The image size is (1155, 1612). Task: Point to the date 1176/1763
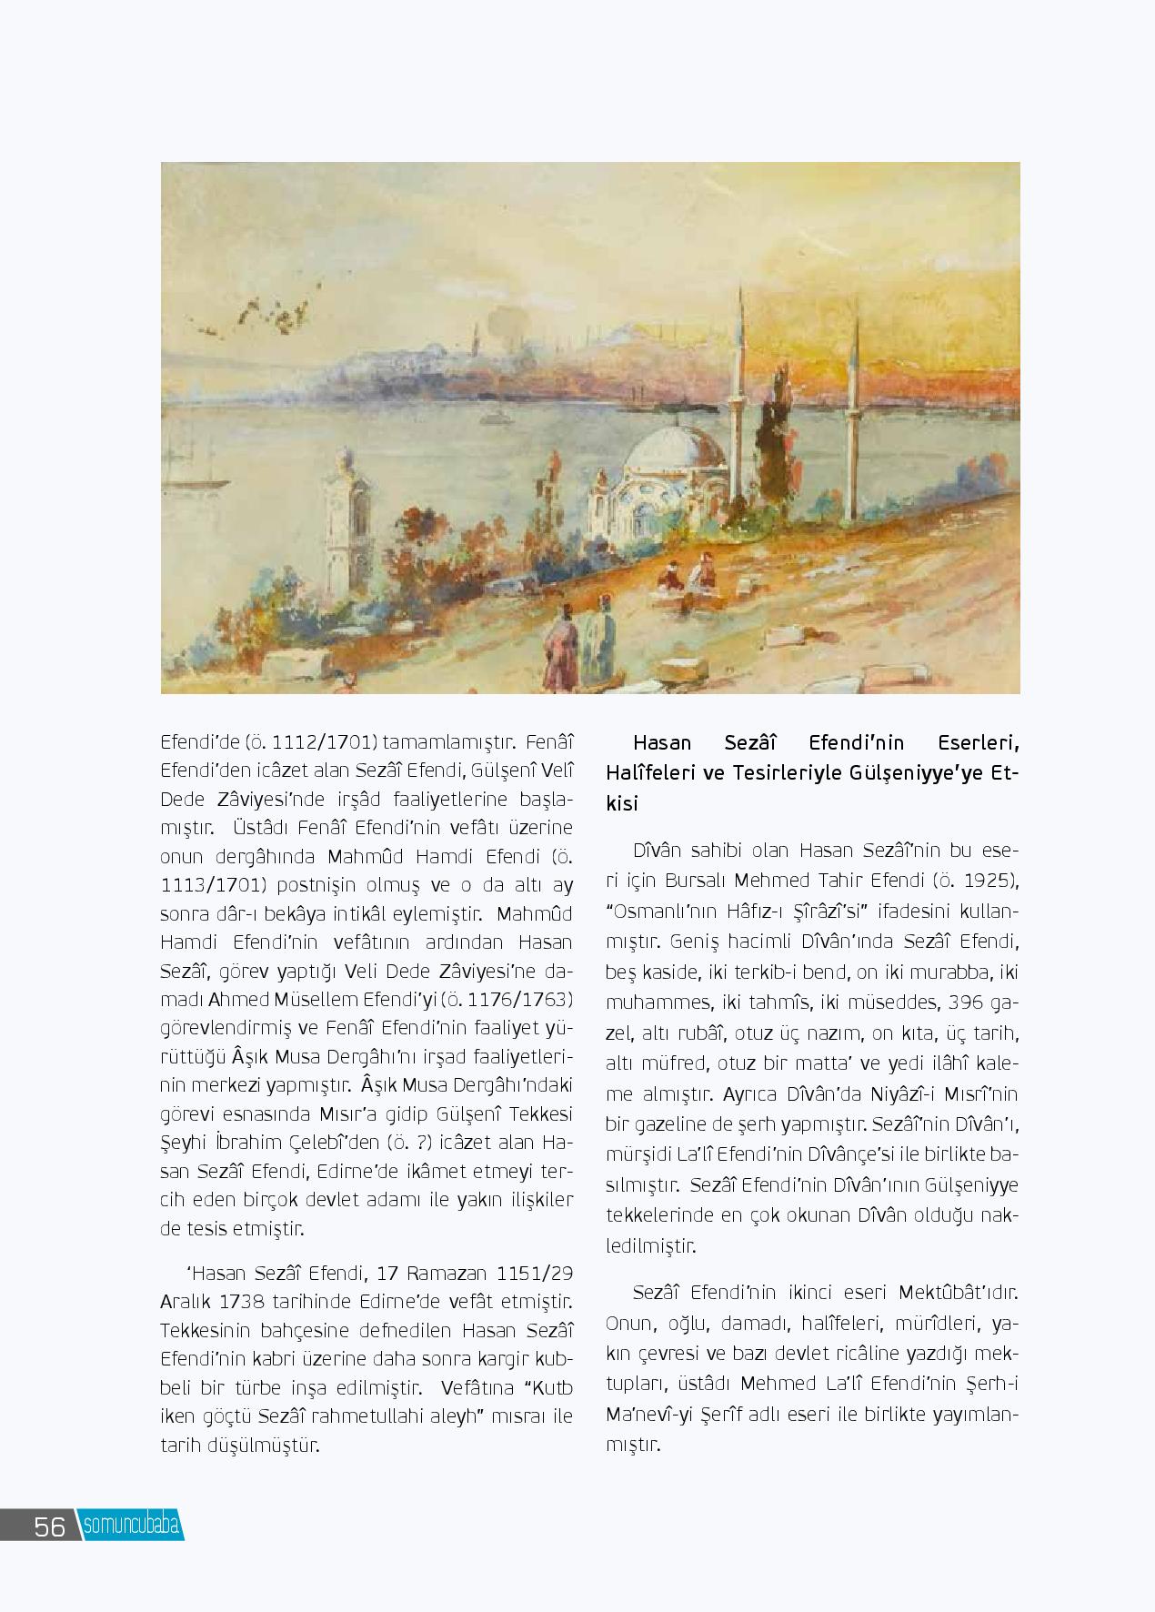tap(513, 1000)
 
